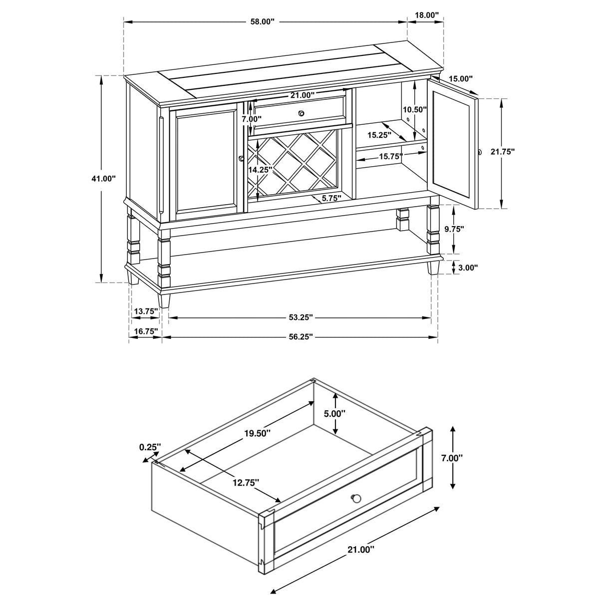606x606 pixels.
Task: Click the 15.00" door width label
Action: tap(460, 78)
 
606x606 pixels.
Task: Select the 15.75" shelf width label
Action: tap(390, 156)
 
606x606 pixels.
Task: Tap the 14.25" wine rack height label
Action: tap(260, 170)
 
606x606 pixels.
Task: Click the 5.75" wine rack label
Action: tap(331, 198)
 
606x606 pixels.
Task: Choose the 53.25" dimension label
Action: tap(300, 317)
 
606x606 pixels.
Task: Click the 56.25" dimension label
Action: tap(300, 337)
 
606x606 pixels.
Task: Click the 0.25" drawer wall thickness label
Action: tap(149, 447)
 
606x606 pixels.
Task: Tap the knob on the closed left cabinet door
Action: tap(242, 159)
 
